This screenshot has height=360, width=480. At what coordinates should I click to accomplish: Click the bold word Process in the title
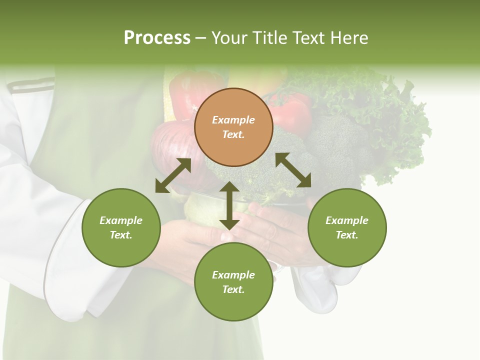pos(157,38)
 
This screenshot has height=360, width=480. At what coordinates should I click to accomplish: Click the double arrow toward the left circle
pos(173,175)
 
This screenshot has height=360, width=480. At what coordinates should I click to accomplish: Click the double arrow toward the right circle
pos(293,170)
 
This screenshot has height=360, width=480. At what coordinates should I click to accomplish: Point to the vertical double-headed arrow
pos(229,205)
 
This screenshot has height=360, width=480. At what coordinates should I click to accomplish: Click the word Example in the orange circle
pos(233,120)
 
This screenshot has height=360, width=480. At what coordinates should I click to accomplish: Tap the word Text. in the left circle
pos(121,235)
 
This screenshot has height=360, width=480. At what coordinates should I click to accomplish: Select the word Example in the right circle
pos(347,220)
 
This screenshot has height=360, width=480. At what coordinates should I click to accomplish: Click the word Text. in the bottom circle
pos(233,289)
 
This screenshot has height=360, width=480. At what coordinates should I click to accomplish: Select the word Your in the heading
pos(228,38)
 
